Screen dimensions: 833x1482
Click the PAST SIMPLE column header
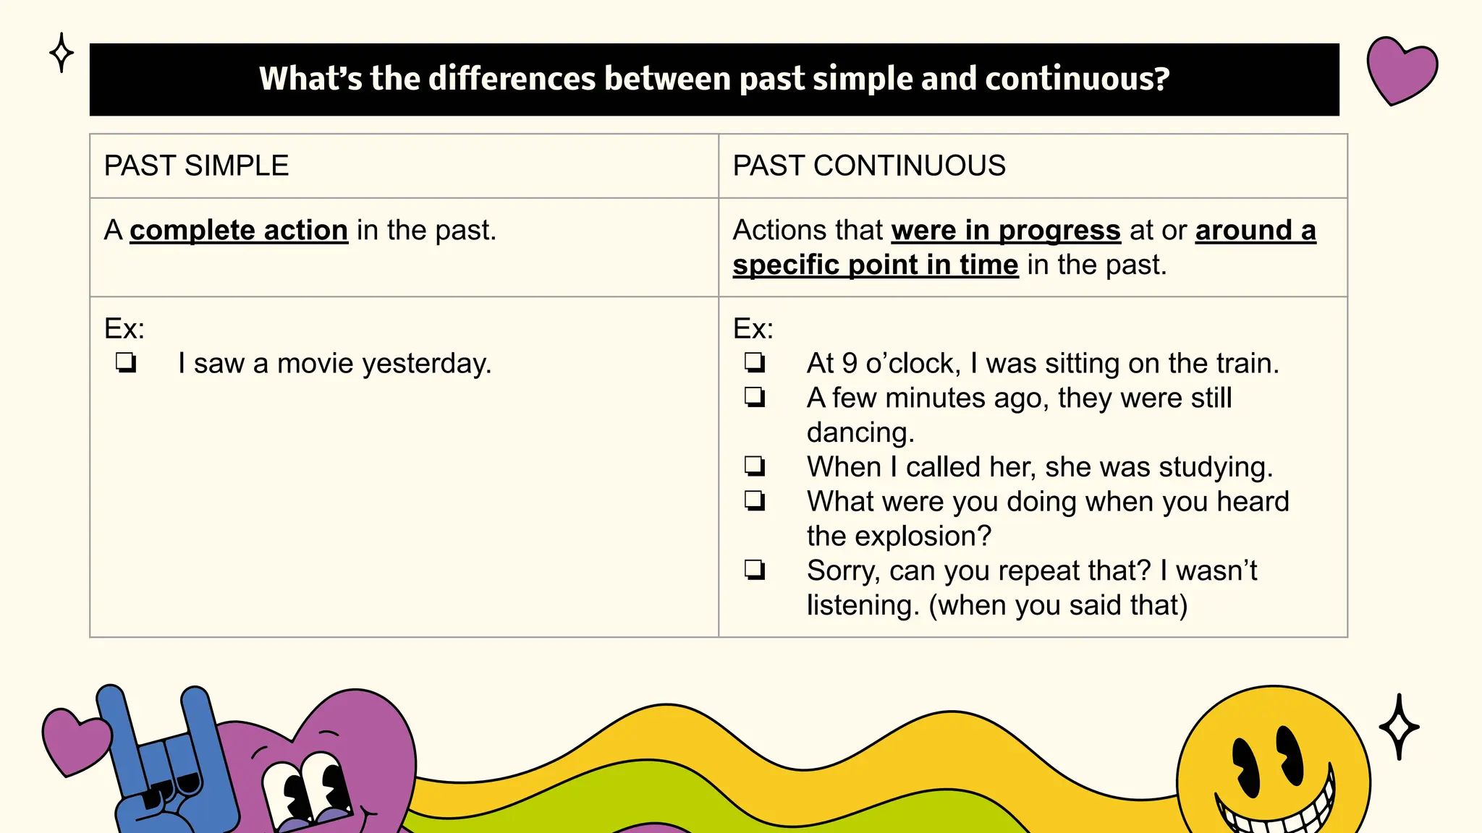[196, 166]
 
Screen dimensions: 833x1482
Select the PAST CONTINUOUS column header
[868, 166]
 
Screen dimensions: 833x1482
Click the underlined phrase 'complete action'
[239, 230]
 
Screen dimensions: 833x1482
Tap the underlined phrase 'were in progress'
[1006, 230]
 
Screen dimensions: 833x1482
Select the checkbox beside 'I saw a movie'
[126, 362]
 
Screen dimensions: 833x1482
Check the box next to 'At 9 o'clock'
[755, 362]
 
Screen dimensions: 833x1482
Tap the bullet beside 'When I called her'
[755, 466]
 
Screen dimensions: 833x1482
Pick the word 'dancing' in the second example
[859, 432]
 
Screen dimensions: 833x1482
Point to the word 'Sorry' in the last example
[843, 571]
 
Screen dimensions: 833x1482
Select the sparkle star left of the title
[62, 53]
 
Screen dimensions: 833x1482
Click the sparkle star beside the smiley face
[1399, 727]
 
